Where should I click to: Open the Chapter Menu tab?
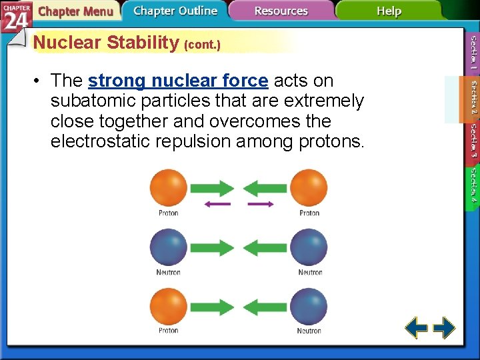pos(75,11)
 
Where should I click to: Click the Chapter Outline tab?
pos(175,11)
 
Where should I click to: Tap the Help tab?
pos(389,11)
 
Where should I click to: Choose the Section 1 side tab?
pos(473,53)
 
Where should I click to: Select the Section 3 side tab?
pos(473,141)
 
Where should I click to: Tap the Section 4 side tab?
pos(473,185)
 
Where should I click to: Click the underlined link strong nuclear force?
pos(178,81)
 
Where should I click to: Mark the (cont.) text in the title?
pos(201,45)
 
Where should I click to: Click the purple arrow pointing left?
pos(217,204)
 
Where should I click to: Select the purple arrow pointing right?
pos(261,204)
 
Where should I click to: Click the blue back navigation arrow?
pos(417,328)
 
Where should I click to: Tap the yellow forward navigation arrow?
pos(444,328)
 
